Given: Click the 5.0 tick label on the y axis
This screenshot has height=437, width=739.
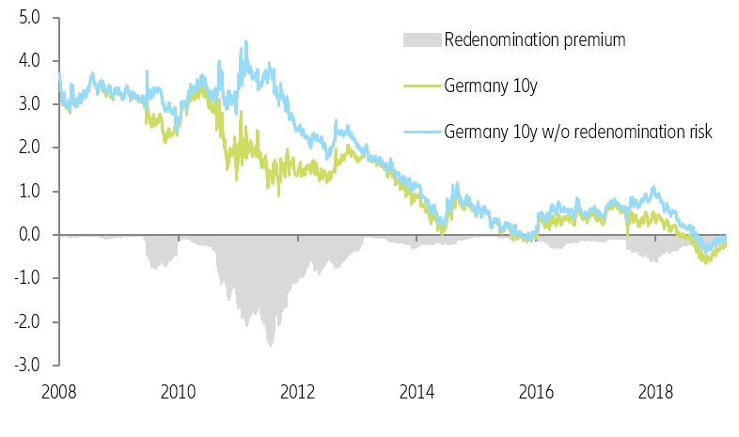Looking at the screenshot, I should (28, 17).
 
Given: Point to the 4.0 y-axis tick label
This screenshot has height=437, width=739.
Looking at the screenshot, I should (28, 60).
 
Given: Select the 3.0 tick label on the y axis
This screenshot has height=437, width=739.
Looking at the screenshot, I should (28, 103).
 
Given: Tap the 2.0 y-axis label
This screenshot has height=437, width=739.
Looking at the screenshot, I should (28, 148).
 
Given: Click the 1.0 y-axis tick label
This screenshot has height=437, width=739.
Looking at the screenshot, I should (28, 191).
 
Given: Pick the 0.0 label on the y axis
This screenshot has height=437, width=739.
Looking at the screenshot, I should (28, 234).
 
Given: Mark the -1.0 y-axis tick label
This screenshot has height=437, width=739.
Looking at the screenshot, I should (26, 278).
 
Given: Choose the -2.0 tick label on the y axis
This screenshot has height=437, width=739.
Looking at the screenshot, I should (26, 321).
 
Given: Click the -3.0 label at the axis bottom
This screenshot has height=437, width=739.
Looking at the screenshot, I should (26, 365).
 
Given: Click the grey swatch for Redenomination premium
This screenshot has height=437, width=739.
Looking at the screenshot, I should (420, 40).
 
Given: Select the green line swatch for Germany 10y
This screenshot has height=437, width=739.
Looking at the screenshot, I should (420, 86).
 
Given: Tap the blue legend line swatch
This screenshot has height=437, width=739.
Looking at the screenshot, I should (420, 132).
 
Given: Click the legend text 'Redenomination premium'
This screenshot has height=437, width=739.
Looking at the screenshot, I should (535, 39).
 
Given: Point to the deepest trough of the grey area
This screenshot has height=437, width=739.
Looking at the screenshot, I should (271, 345).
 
